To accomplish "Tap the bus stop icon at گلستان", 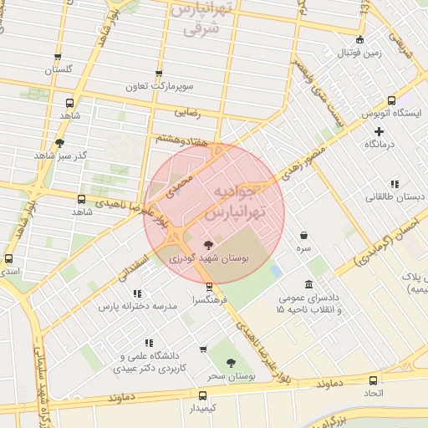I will (x=58, y=58).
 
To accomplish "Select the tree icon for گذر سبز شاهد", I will (x=59, y=143).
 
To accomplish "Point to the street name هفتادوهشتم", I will (x=176, y=140).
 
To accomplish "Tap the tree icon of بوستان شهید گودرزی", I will (x=208, y=244).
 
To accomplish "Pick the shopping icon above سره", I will (x=303, y=235).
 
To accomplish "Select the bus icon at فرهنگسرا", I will (x=209, y=286).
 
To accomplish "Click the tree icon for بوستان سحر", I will (x=231, y=363).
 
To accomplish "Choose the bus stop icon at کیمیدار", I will (x=202, y=395).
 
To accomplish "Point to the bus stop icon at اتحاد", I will (x=371, y=378).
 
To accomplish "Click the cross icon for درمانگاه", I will (x=380, y=131).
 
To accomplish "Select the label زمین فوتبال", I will (x=359, y=53).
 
